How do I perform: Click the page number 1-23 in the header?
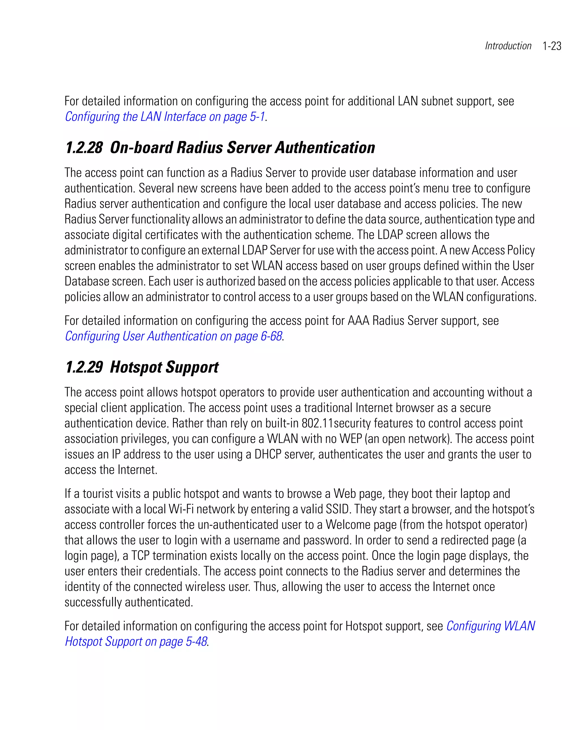click(552, 46)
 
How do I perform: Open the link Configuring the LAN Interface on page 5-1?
click(165, 117)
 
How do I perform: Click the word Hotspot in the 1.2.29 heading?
click(135, 367)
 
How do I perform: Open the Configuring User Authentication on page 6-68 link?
click(173, 336)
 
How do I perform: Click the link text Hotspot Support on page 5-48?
click(136, 642)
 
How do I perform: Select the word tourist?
click(98, 494)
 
